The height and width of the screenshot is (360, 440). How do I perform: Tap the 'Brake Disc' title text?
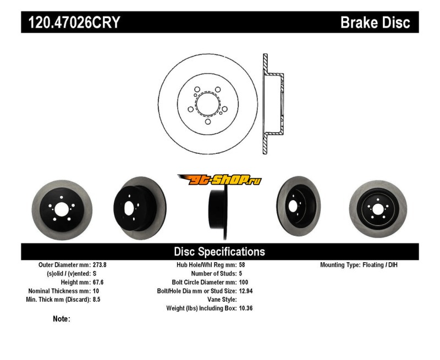pos(375,23)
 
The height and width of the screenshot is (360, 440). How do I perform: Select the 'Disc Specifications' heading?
pos(219,252)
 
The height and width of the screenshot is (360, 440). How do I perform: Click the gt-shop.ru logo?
pos(219,180)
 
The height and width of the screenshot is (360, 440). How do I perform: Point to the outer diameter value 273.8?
pos(100,264)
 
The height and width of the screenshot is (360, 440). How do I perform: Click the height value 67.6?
pos(98,282)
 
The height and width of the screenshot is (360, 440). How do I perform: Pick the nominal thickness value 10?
pos(96,291)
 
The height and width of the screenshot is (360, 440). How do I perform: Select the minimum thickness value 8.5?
pos(97,300)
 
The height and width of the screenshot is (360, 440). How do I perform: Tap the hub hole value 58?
pos(242,264)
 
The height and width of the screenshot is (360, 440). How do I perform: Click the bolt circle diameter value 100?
pos(244,282)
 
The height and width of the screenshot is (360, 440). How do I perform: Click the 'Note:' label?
pos(62,319)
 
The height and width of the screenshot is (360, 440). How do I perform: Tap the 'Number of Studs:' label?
pos(213,273)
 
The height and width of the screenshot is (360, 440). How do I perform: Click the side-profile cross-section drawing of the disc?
pos(272,104)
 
